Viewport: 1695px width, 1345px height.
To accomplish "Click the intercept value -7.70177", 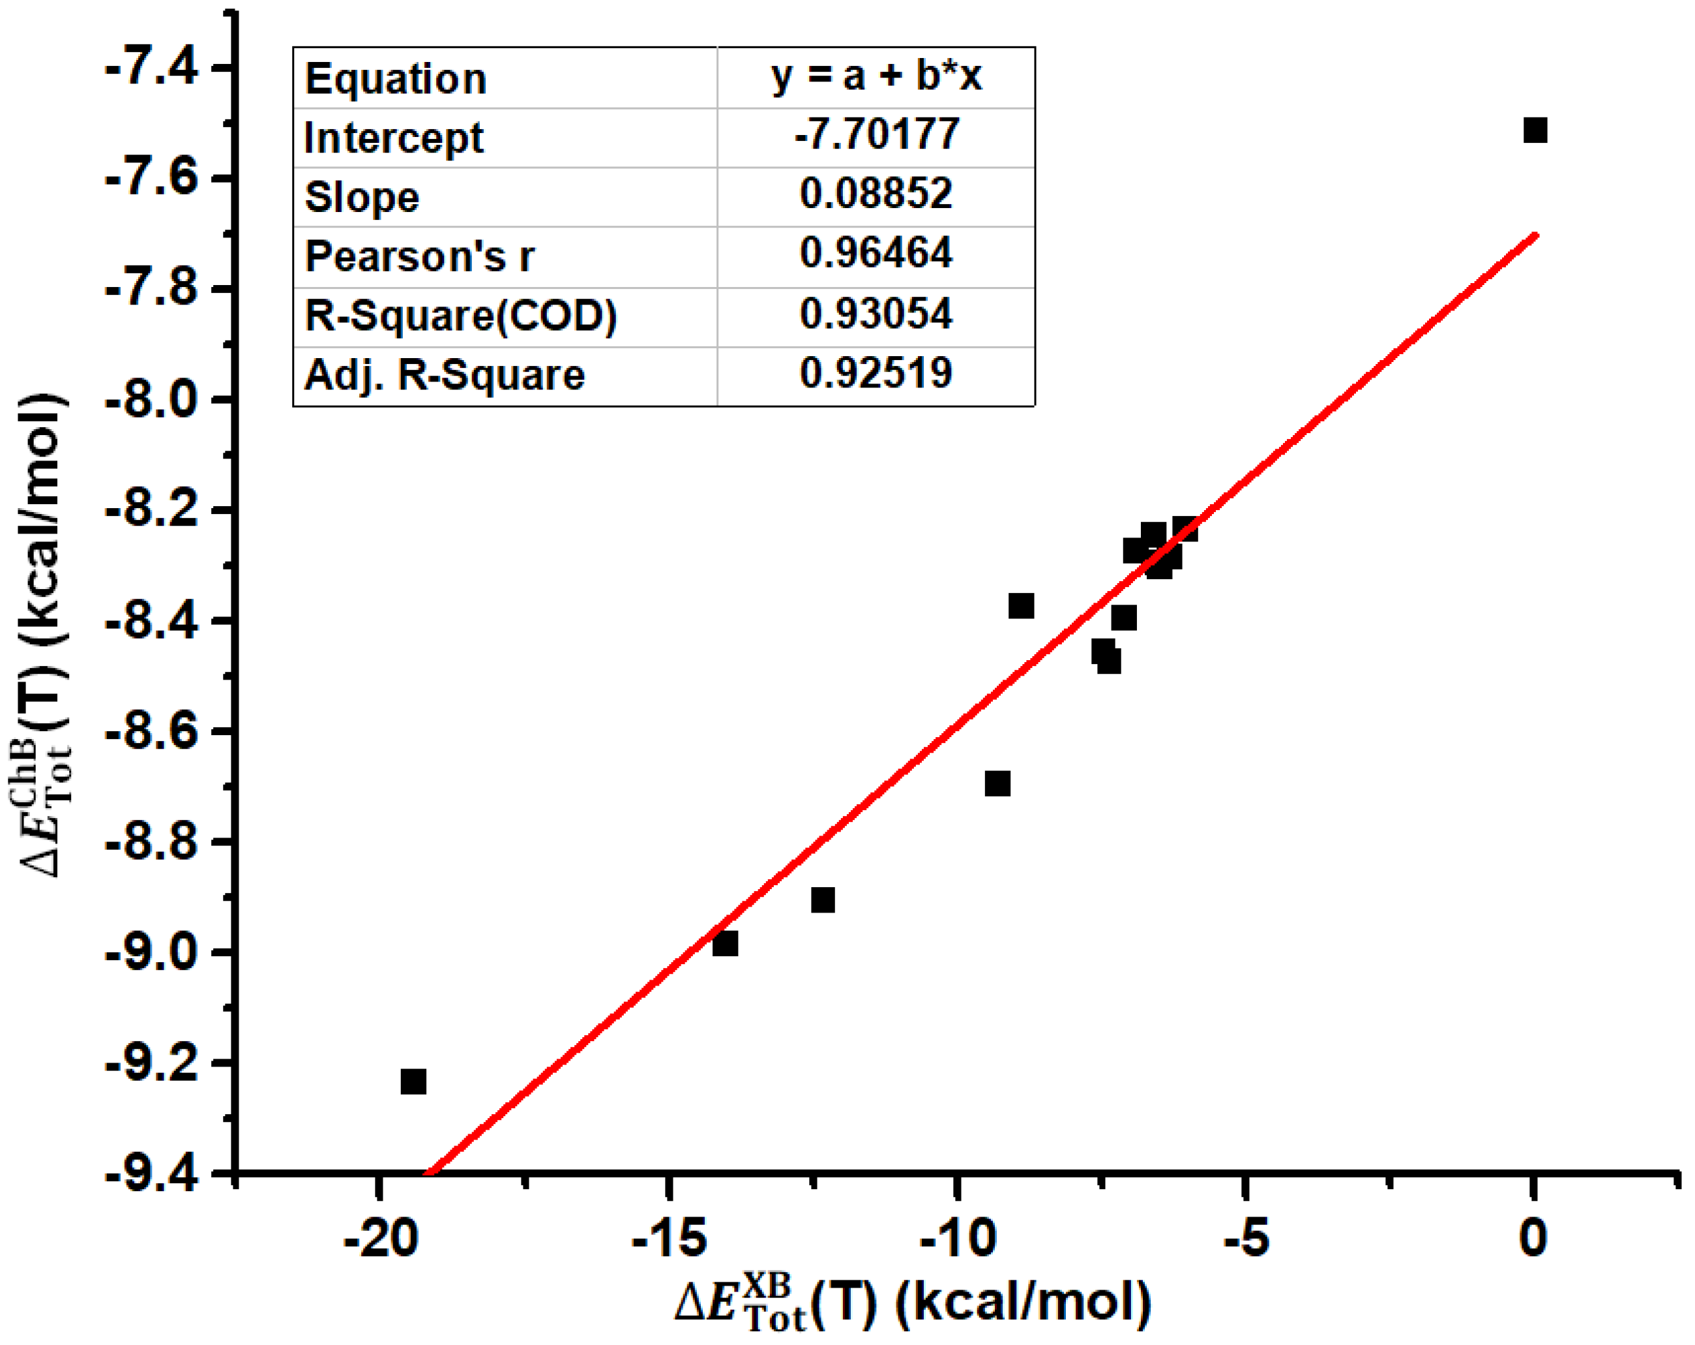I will [x=876, y=134].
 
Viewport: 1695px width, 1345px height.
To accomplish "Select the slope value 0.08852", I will [x=876, y=194].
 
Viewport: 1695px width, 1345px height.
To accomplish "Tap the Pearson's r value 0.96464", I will [x=876, y=253].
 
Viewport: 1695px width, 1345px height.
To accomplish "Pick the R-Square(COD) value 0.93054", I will [x=876, y=313].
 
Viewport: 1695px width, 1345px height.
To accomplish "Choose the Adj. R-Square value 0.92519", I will [x=876, y=373].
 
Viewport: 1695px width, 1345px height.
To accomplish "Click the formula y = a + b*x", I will [x=876, y=76].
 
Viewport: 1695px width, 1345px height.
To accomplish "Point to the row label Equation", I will [x=396, y=79].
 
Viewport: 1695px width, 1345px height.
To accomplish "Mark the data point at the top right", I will [x=1535, y=130].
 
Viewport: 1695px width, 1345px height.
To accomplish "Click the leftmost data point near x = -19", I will [x=413, y=1081].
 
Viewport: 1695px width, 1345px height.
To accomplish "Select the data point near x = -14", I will [x=725, y=943].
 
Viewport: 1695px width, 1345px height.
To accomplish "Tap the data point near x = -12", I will [x=822, y=899].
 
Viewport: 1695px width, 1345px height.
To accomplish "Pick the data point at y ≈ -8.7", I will [x=997, y=783].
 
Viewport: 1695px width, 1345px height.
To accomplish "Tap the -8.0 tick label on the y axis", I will [x=151, y=400].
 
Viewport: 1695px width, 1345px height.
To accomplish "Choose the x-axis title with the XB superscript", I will [x=912, y=1304].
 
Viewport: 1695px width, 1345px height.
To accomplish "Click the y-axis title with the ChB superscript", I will [x=43, y=635].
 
